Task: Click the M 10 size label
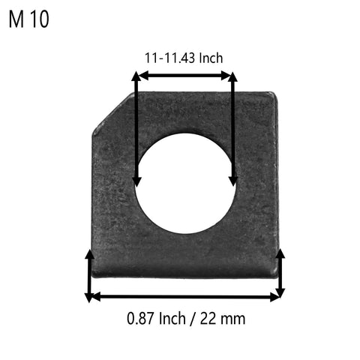click(28, 19)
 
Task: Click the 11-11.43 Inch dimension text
click(184, 58)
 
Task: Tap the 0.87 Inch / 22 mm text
click(184, 318)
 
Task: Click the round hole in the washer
click(184, 183)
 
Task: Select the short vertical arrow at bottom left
click(90, 275)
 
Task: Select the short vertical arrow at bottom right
click(280, 274)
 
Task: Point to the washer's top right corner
click(274, 94)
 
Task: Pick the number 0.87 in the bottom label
click(139, 318)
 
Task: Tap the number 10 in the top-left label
click(40, 19)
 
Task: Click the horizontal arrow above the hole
click(184, 75)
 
